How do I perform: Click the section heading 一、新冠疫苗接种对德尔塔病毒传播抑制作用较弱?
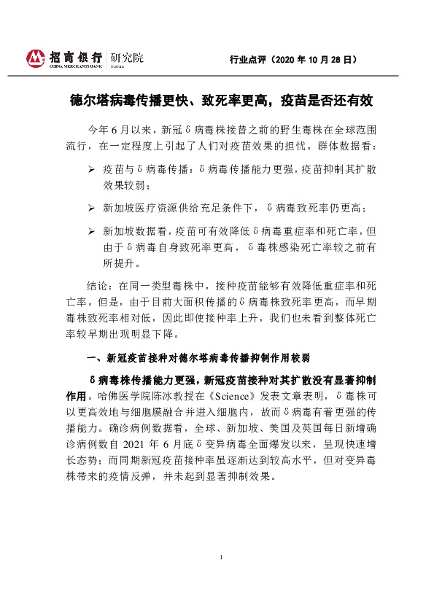coord(198,358)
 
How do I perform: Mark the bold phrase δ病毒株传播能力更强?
coord(142,381)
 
